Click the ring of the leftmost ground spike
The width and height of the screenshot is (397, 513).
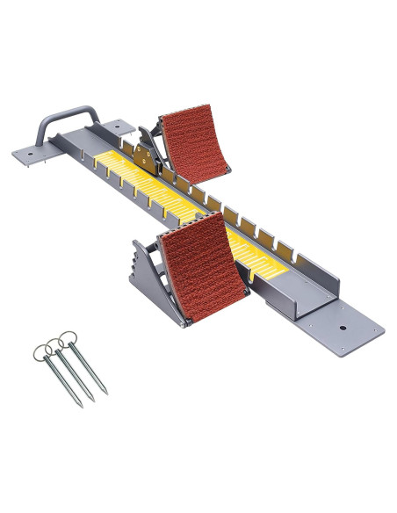[40, 352]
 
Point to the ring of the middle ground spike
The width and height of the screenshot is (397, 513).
[54, 343]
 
